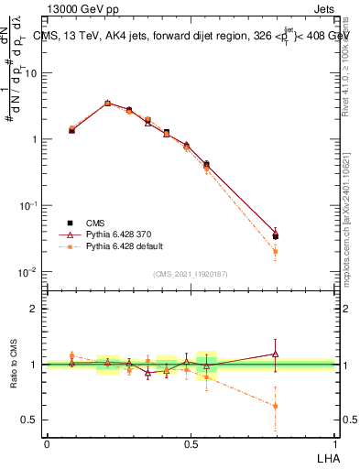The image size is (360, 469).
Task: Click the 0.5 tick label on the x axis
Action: (x=190, y=444)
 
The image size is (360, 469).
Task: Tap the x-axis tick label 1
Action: (x=333, y=444)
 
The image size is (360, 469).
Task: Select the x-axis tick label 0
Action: (x=47, y=444)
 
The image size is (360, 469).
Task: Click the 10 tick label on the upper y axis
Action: (x=33, y=73)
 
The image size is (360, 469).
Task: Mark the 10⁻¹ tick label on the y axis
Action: (x=31, y=206)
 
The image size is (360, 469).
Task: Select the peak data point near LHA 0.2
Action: (x=107, y=104)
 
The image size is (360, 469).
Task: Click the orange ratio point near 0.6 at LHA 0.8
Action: (x=276, y=406)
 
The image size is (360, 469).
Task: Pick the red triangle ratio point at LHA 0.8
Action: (x=276, y=354)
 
